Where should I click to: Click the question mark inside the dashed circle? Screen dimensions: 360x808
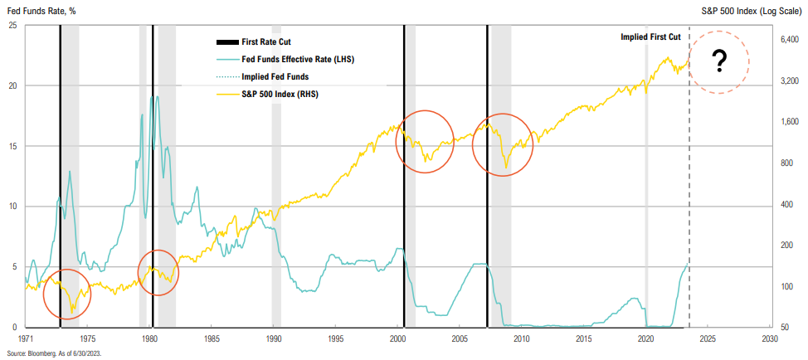(x=719, y=60)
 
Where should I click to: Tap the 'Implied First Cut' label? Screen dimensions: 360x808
(x=651, y=37)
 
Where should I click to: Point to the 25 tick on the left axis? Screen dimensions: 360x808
(x=12, y=25)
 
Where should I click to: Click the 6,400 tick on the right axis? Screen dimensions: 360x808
(x=789, y=40)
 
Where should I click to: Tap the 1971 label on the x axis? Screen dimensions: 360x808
(x=26, y=338)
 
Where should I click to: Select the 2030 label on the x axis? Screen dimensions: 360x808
(x=769, y=338)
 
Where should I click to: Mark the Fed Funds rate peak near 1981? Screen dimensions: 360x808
(x=155, y=97)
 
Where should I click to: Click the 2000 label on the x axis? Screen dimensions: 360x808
(x=397, y=338)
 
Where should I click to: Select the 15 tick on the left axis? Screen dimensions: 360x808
(x=12, y=146)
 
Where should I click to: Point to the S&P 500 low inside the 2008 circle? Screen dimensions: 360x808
(x=505, y=168)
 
